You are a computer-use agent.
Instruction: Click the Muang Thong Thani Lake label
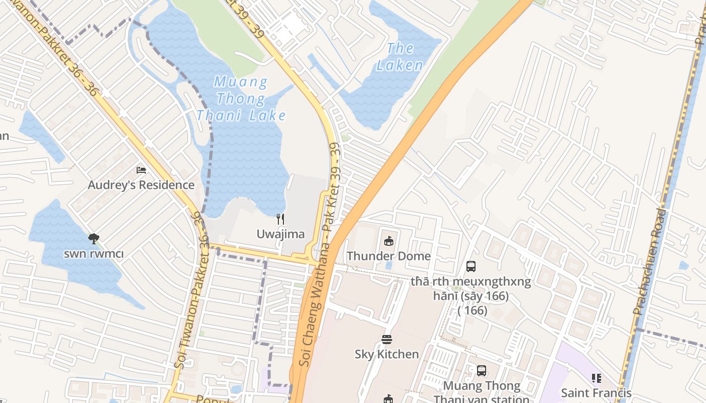coord(241,99)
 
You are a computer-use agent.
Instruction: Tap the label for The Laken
coord(400,57)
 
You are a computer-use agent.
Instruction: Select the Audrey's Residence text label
coord(141,185)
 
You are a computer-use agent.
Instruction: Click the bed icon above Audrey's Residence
coord(141,171)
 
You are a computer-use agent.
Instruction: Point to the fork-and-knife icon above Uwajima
coord(280,219)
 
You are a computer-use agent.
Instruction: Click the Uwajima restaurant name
coord(280,234)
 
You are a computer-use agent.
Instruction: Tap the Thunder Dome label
coord(388,256)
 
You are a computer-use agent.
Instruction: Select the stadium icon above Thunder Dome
coord(388,241)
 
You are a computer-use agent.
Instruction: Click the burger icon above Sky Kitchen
coord(387,340)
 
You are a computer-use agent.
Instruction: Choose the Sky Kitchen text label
coord(387,354)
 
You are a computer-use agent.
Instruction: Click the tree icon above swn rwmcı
coord(93,239)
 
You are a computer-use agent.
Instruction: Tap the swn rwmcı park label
coord(93,253)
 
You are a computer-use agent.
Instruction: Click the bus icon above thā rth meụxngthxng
coord(471,266)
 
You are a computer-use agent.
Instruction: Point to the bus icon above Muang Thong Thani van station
coord(482,371)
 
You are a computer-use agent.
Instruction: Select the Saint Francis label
coord(596,392)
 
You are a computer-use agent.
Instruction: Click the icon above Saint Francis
coord(596,378)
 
